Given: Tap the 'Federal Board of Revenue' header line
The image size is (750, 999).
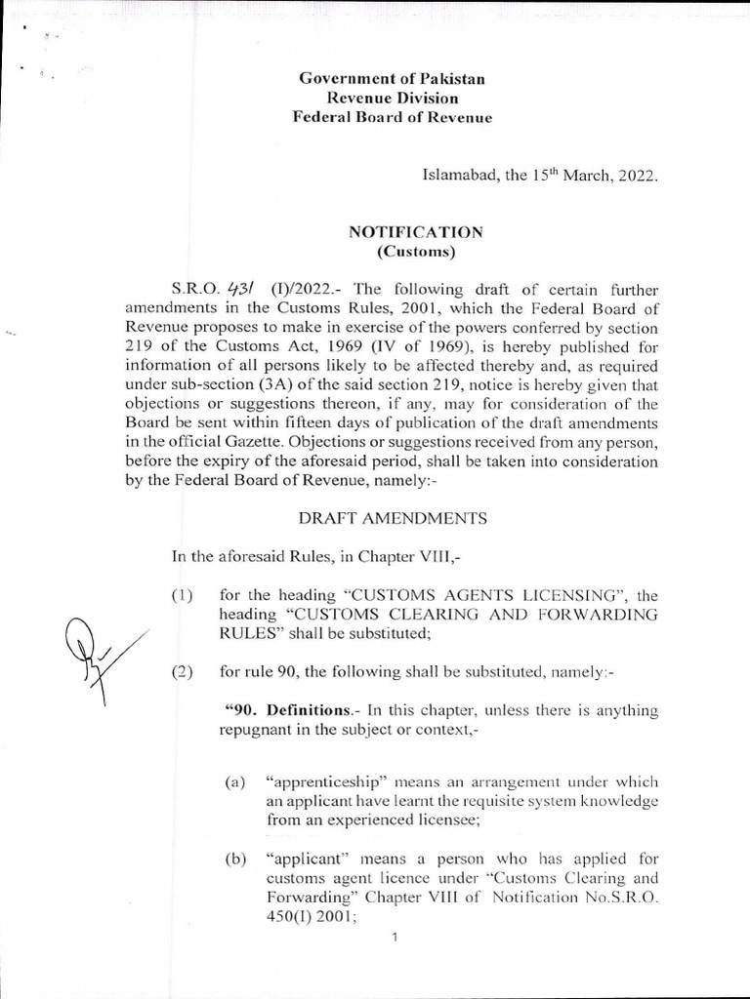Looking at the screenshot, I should [393, 117].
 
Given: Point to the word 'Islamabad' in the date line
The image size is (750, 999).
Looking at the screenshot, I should [457, 178].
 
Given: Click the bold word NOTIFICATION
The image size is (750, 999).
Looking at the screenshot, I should [416, 232].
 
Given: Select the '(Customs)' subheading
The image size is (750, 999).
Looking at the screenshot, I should [416, 251].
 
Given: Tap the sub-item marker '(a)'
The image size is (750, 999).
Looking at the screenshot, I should [234, 782].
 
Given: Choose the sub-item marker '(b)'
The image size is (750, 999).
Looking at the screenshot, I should [234, 859].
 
